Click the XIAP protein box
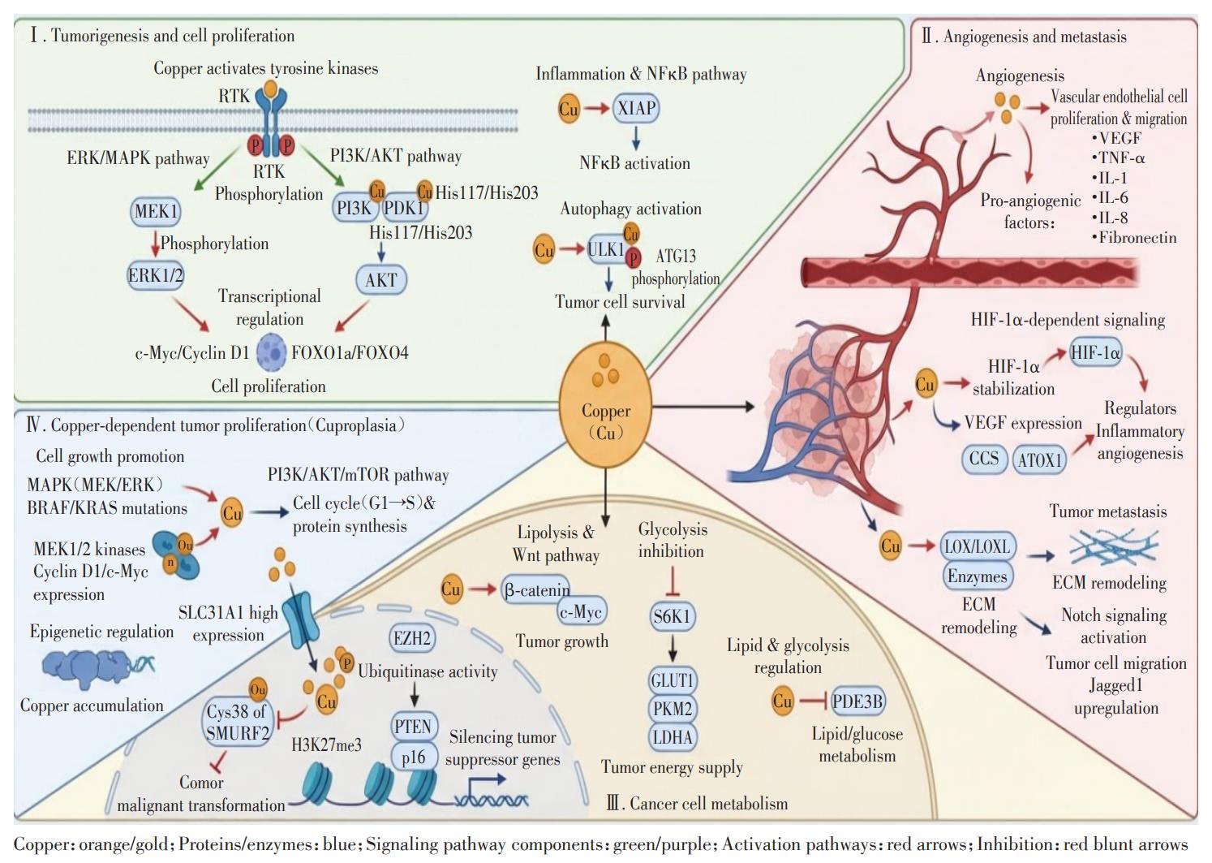636,108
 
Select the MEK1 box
156,211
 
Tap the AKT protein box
381,280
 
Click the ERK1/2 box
156,275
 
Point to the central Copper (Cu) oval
606,405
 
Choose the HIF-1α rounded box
1096,352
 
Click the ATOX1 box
1039,460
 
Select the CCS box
984,459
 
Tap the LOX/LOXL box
978,547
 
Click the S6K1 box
672,616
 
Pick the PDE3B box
857,701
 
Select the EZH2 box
412,638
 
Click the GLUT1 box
673,680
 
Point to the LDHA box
673,737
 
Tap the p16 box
414,757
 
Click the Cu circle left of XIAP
569,108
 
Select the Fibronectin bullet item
1134,238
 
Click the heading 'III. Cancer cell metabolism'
697,804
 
